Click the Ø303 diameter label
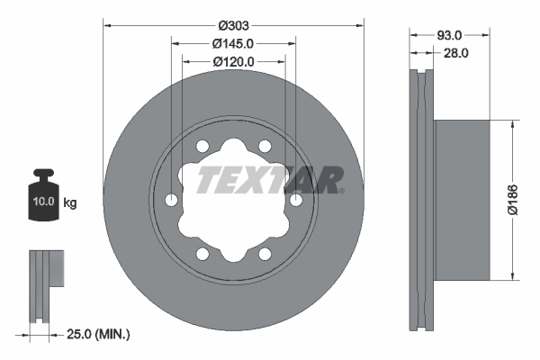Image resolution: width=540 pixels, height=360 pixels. pos(234,25)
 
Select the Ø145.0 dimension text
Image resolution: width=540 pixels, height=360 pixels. pos(234,43)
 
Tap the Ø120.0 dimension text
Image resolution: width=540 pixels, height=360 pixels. pos(234,61)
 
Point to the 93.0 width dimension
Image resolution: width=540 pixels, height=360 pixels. pos(449,34)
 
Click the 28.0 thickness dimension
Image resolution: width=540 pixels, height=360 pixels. pos(456,53)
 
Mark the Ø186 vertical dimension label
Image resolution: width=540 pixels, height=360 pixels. pos(513,199)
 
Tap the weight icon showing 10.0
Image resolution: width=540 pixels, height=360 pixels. pos(42,195)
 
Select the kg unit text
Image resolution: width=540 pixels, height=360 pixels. pos(70,202)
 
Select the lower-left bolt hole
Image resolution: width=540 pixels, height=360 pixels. pos(203,253)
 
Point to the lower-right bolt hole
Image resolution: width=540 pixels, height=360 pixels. pos(265,253)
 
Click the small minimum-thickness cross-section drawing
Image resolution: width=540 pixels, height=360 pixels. pos(45,283)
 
